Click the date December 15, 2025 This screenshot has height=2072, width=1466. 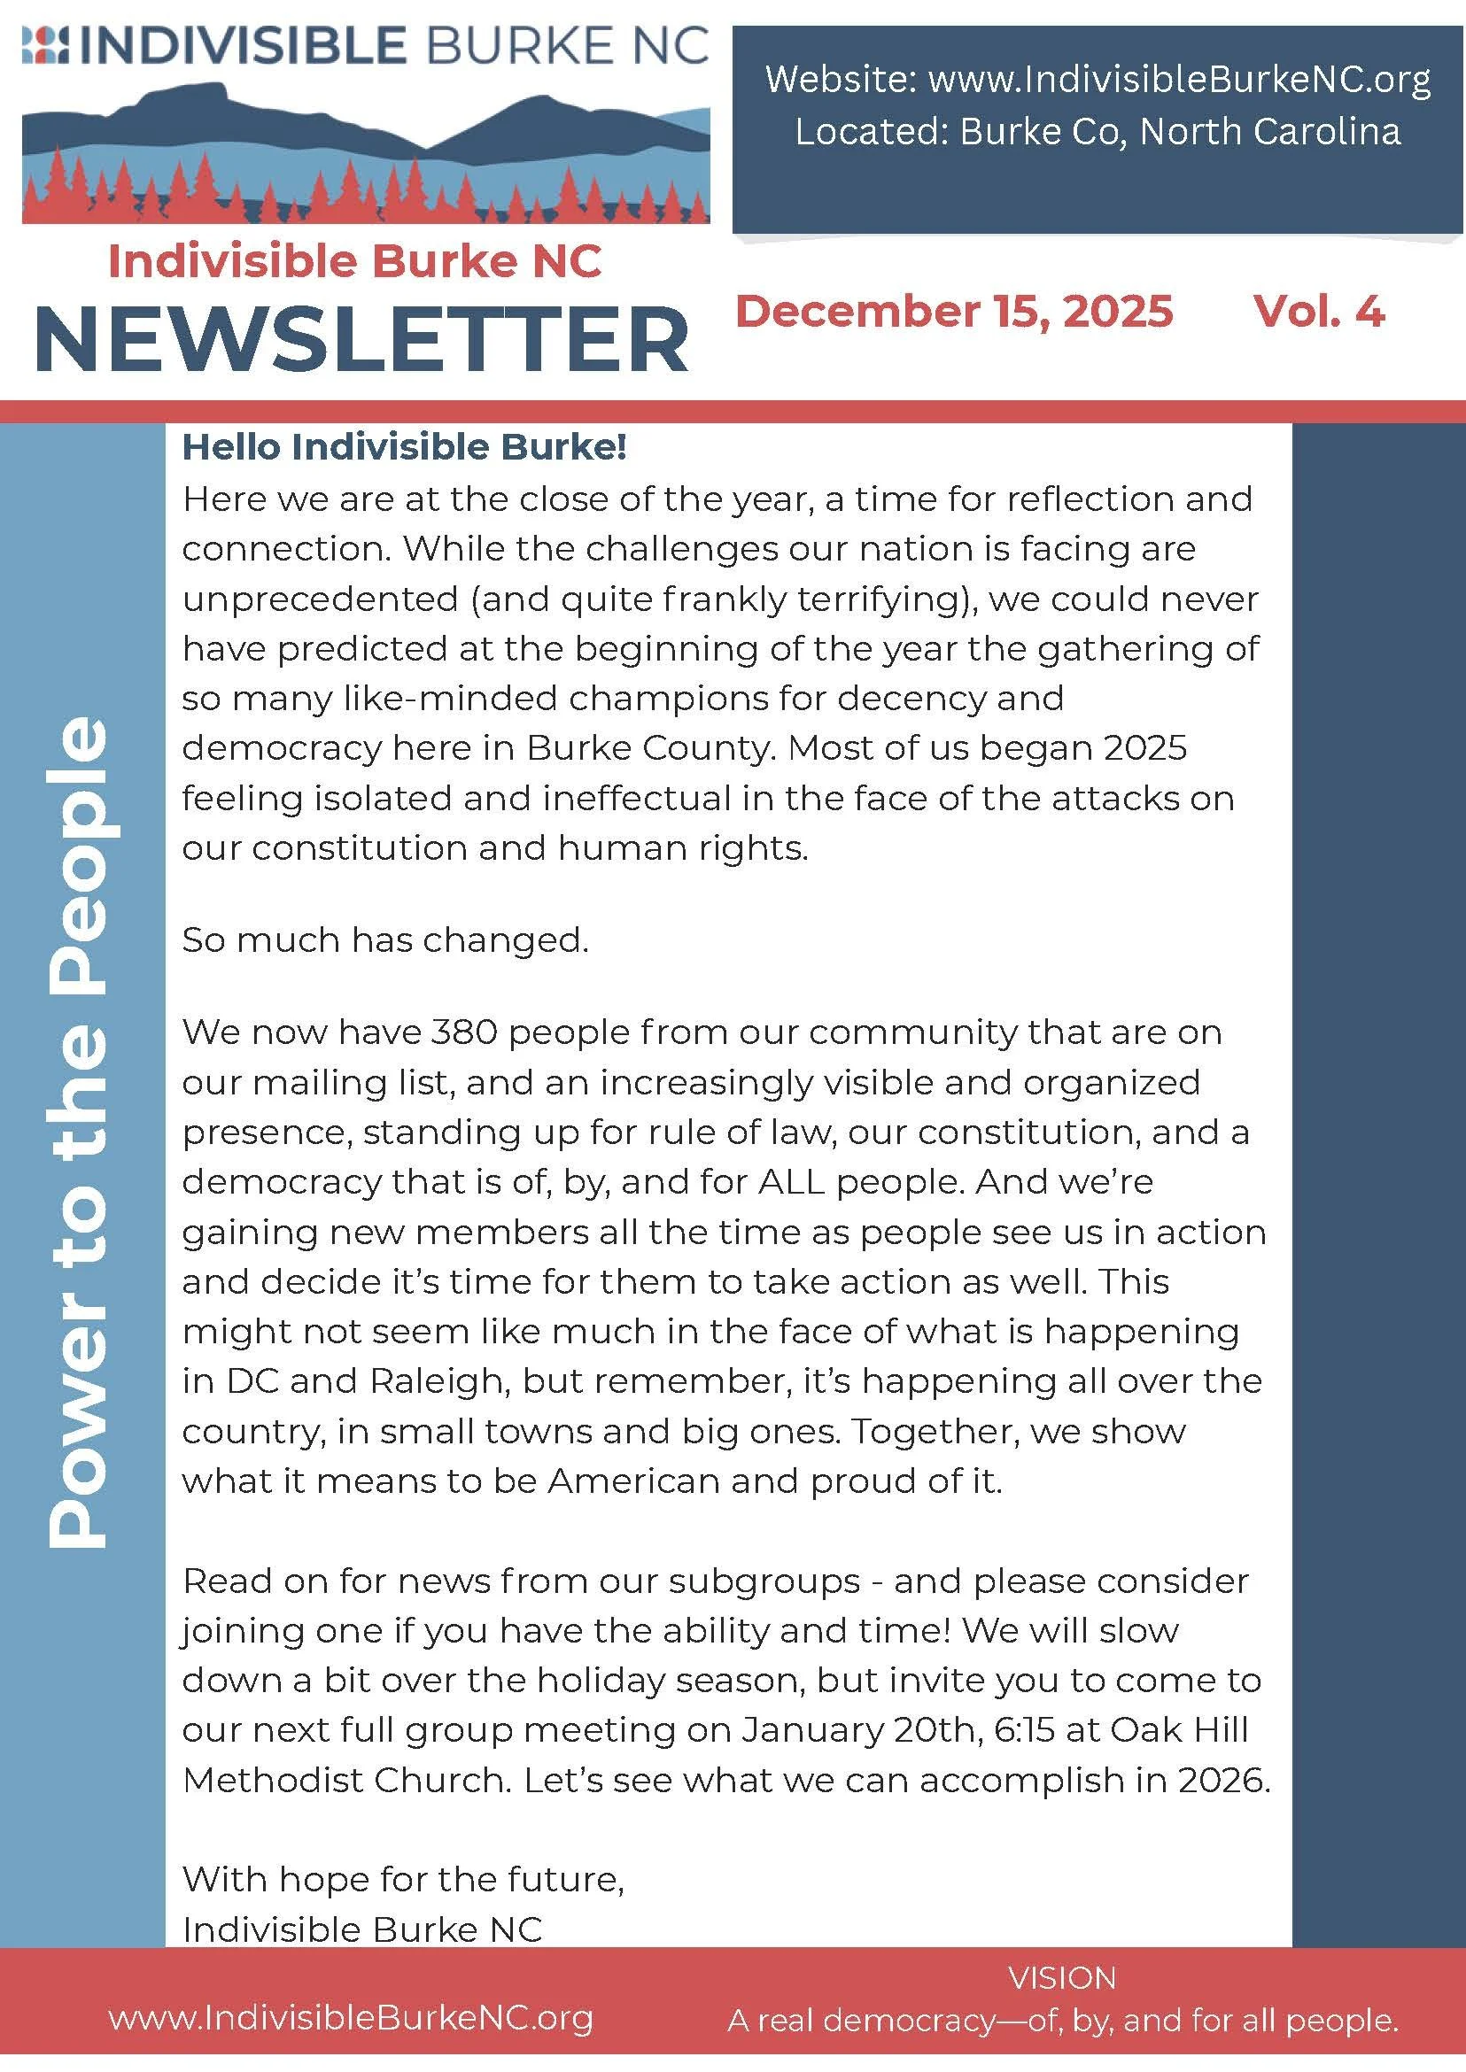click(x=953, y=312)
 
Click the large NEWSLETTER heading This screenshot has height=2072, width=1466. click(x=361, y=340)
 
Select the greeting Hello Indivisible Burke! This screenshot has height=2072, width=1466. click(x=404, y=446)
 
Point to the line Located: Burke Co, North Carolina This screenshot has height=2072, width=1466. click(x=1097, y=132)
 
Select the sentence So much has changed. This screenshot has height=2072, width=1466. click(x=384, y=940)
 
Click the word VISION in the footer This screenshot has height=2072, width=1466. click(x=1061, y=1978)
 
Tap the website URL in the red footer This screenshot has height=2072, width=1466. click(x=350, y=2018)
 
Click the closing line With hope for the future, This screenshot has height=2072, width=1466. click(x=403, y=1879)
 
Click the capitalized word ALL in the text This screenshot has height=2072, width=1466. click(x=792, y=1182)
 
